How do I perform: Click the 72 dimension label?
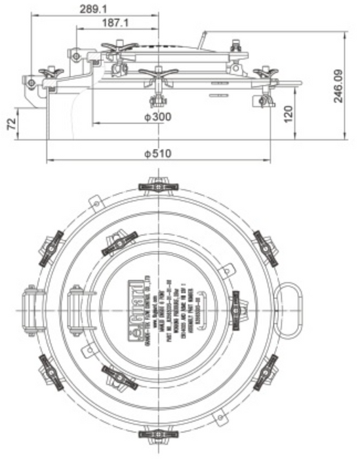pyautogui.click(x=10, y=125)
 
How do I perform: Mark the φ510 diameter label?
pyautogui.click(x=157, y=153)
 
